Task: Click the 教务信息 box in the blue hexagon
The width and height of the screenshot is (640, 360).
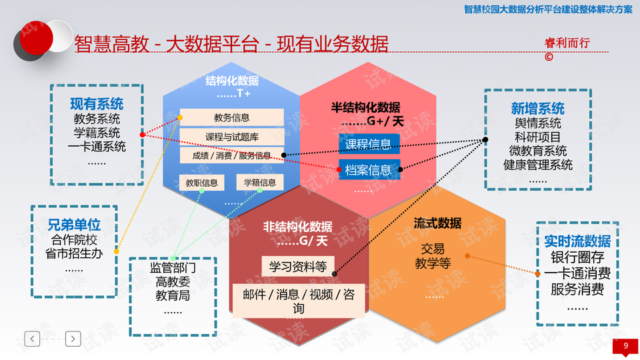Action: [x=232, y=117]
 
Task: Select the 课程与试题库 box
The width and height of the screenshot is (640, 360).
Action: [x=232, y=137]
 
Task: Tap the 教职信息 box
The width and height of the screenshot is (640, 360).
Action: [x=201, y=183]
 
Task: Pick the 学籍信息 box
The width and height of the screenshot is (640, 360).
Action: [x=260, y=183]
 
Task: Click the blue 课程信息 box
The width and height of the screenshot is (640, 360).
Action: [x=369, y=144]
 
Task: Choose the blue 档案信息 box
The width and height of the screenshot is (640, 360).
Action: [x=369, y=169]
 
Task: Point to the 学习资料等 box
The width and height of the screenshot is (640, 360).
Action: [x=298, y=267]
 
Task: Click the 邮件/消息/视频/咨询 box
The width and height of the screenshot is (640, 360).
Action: [x=299, y=301]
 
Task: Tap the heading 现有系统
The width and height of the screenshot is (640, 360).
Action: [x=97, y=104]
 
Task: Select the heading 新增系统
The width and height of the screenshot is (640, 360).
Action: [x=538, y=109]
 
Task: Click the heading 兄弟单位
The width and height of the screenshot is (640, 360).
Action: [x=74, y=225]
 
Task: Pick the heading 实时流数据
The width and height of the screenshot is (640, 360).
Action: [x=577, y=241]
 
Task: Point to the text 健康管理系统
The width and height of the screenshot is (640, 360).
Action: [x=538, y=165]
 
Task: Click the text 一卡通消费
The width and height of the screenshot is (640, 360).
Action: [x=577, y=273]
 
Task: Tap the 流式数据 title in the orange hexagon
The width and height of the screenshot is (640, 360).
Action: [x=437, y=223]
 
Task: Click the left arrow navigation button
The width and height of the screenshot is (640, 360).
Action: [x=32, y=339]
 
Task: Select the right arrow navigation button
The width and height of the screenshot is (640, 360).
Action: [x=73, y=339]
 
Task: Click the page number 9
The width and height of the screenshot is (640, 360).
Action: [x=626, y=346]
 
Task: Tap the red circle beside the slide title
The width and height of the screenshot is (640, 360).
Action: [x=36, y=37]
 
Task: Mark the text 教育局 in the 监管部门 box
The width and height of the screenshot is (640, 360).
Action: [x=173, y=295]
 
